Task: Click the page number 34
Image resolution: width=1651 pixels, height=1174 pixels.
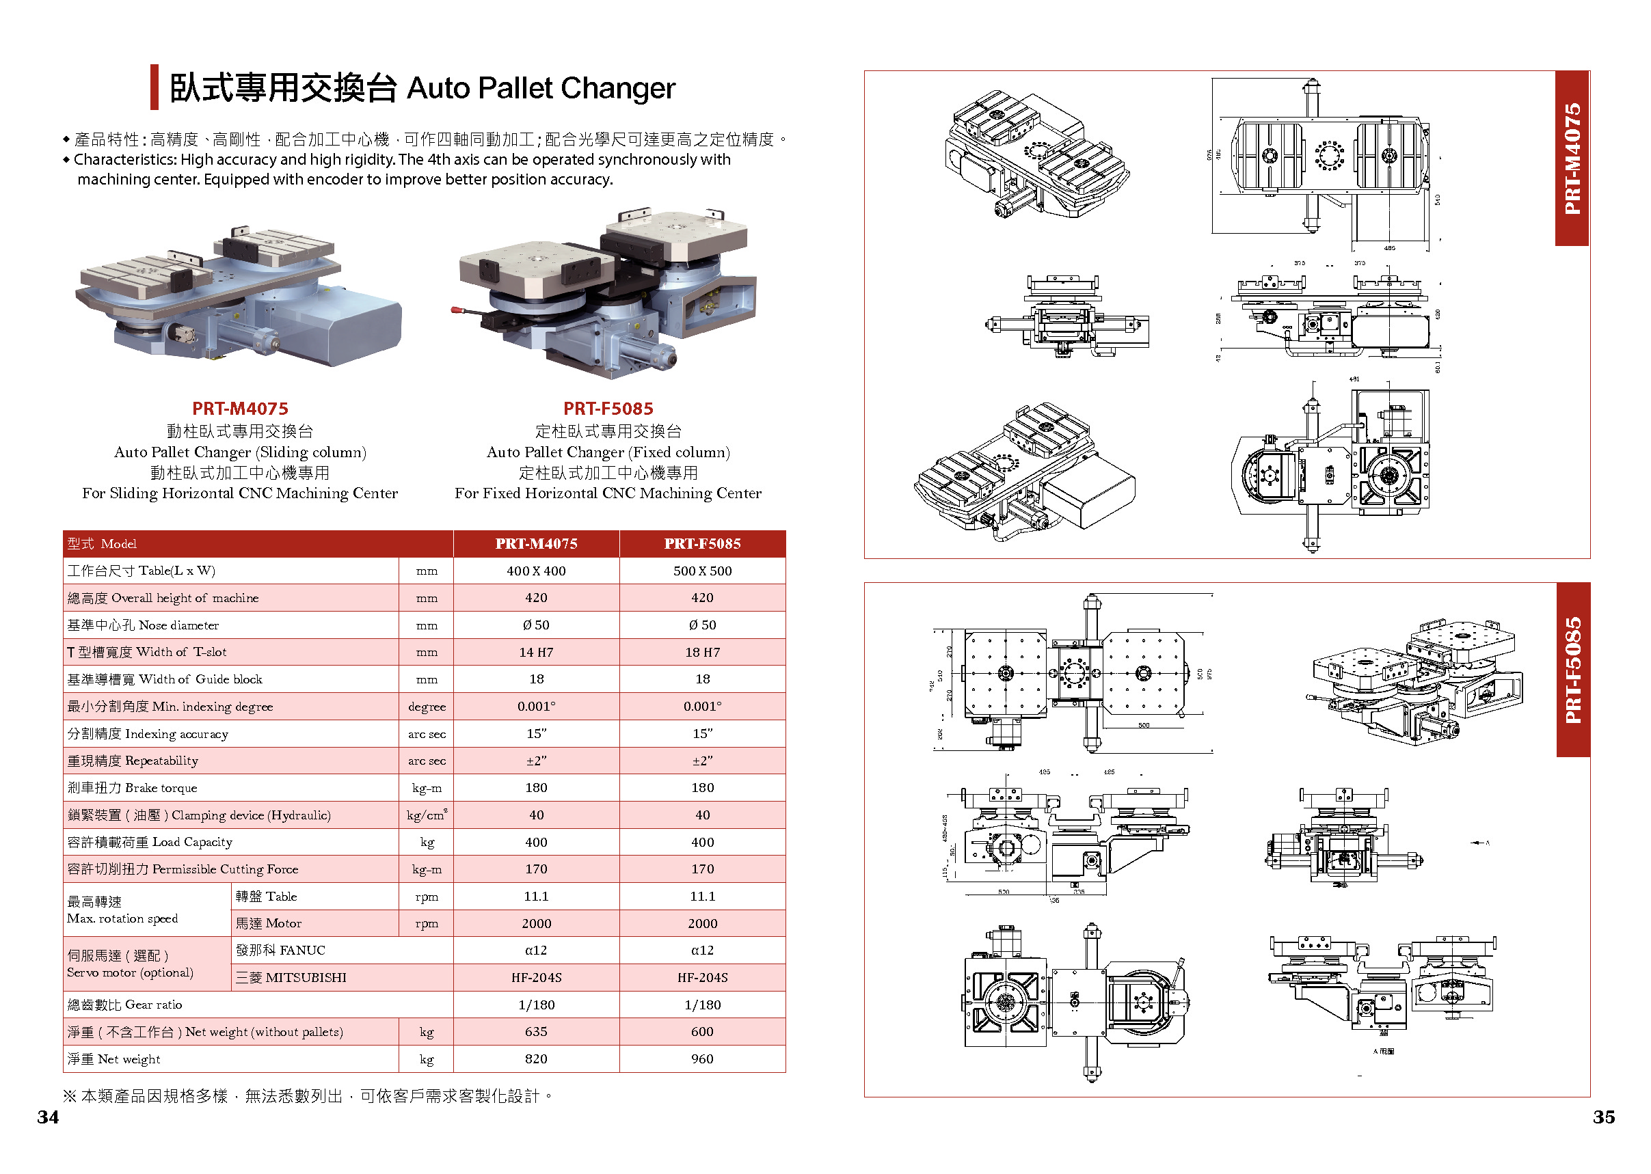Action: [48, 1117]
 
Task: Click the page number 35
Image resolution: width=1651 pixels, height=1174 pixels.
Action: [1603, 1117]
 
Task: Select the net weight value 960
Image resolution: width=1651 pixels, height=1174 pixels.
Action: [701, 1059]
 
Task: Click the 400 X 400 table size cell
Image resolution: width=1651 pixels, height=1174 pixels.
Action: [536, 571]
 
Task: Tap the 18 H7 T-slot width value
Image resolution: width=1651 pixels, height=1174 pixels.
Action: [701, 652]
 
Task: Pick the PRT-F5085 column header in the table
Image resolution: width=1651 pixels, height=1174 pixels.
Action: [701, 544]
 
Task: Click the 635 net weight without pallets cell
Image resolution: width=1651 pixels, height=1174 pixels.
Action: [536, 1033]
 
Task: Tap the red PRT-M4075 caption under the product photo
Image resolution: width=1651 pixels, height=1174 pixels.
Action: [240, 409]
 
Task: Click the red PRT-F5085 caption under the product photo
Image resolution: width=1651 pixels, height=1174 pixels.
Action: [608, 409]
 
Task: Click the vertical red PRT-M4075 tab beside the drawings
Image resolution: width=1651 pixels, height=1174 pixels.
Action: [1572, 159]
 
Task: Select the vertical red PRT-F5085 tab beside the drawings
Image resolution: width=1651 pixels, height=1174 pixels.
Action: [1572, 670]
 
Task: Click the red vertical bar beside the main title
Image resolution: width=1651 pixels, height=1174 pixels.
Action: [154, 87]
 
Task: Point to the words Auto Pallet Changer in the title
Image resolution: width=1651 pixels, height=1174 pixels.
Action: [540, 88]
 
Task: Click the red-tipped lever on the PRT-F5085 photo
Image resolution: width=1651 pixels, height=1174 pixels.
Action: [457, 310]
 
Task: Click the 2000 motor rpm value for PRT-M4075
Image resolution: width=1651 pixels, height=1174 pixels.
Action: [536, 924]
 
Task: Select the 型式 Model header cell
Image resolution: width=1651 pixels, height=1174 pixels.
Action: [102, 544]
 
